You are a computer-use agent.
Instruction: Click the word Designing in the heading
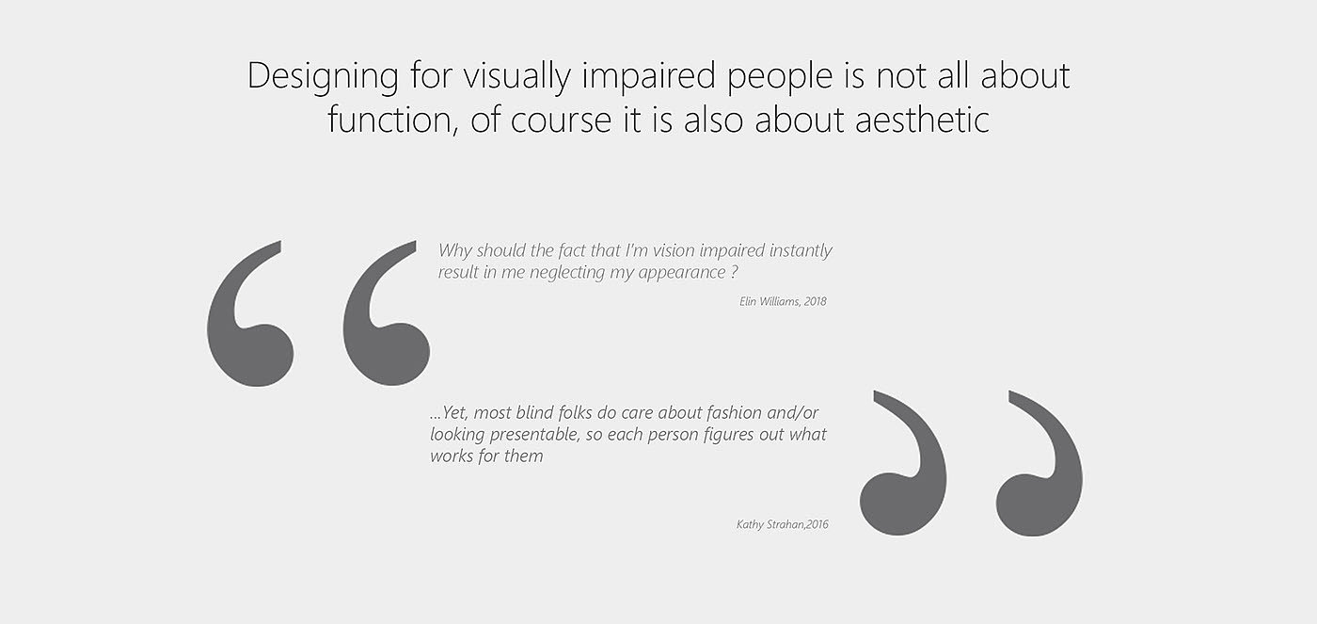[323, 77]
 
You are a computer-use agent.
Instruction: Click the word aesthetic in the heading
[922, 119]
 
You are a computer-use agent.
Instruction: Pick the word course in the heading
[561, 120]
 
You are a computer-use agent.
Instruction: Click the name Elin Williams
[770, 301]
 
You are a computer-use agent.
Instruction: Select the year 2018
[816, 301]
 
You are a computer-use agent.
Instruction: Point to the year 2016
[817, 524]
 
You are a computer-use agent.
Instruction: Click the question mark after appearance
[734, 272]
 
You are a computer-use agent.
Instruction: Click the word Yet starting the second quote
[454, 413]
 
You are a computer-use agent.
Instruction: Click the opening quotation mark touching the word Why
[386, 313]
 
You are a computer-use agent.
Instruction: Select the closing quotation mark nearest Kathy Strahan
[903, 463]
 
